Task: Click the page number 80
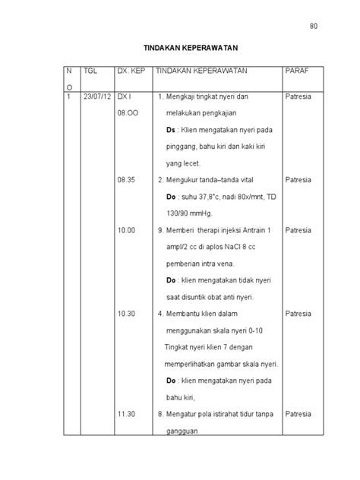(x=313, y=27)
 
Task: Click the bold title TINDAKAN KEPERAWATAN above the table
(x=179, y=47)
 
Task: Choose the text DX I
(x=124, y=97)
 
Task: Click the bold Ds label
(x=171, y=131)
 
